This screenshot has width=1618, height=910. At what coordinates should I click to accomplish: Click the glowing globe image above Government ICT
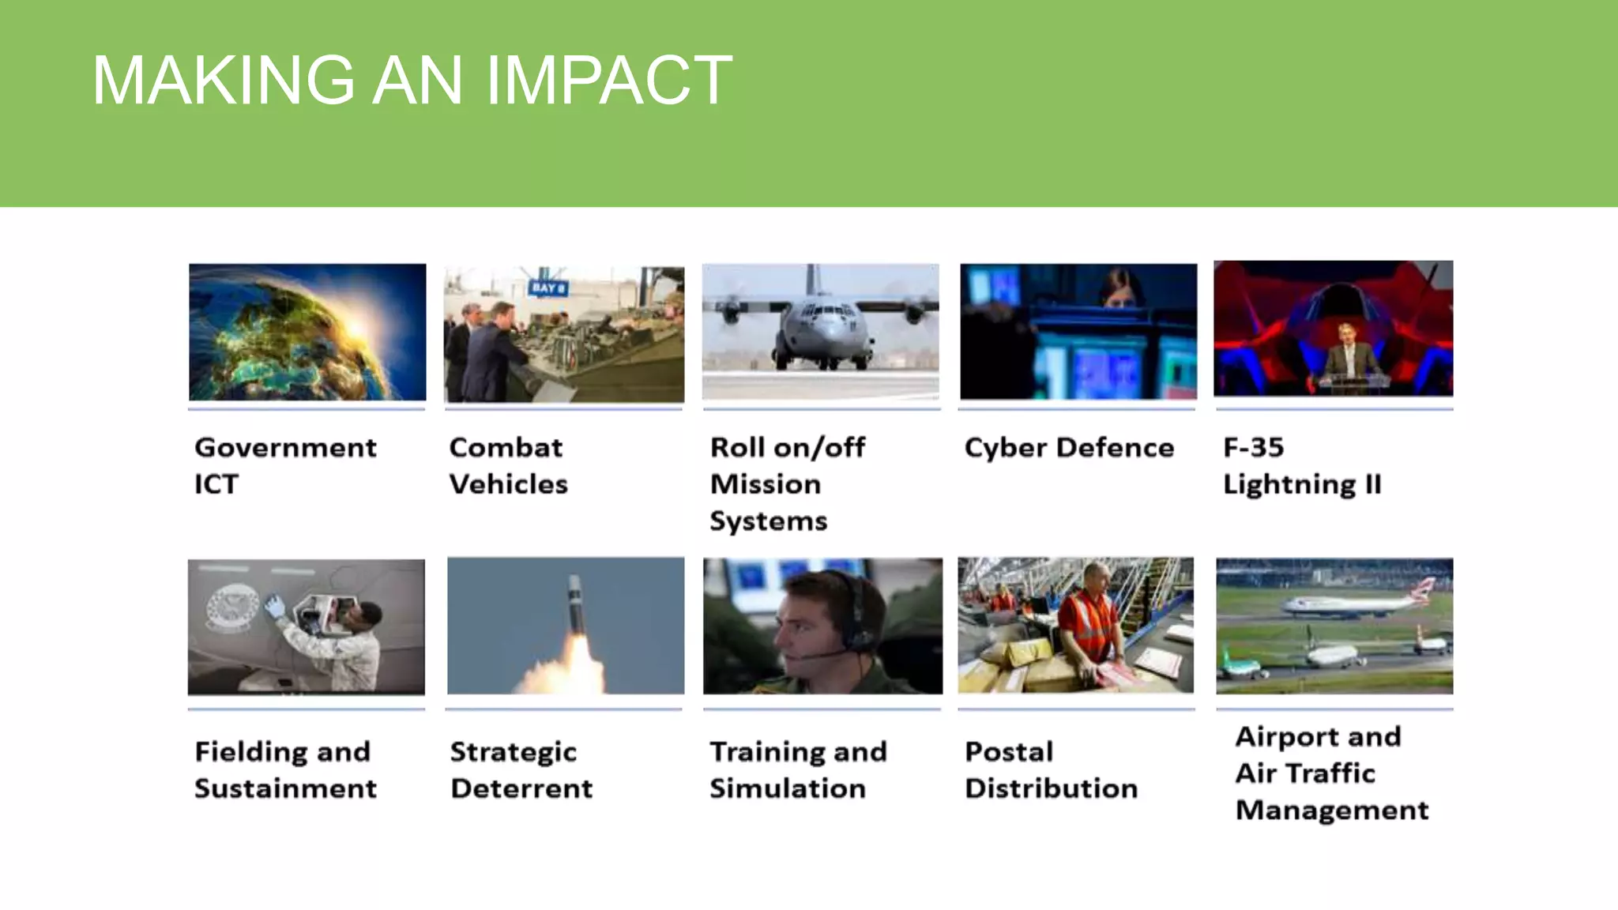(307, 332)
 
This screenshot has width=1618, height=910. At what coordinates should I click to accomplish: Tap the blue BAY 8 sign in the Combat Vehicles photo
(547, 288)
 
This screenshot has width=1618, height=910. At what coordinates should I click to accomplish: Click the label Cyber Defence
(1069, 448)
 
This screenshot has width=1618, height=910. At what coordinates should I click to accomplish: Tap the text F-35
(1254, 448)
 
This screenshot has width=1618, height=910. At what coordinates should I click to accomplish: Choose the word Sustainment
(285, 788)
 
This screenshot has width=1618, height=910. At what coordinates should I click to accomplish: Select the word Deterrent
(521, 788)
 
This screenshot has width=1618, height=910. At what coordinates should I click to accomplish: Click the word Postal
(1009, 751)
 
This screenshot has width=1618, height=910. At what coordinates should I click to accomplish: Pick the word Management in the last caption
(1332, 810)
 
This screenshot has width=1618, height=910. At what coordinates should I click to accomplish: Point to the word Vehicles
(508, 484)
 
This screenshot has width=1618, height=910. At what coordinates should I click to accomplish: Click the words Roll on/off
(788, 448)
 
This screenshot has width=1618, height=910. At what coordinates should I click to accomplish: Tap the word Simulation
(788, 788)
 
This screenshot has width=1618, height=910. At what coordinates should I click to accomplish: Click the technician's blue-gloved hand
(274, 607)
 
